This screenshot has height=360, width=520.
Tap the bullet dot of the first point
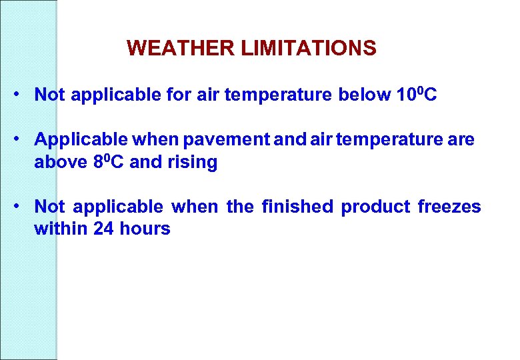(x=23, y=93)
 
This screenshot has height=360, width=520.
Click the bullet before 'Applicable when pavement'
(x=23, y=139)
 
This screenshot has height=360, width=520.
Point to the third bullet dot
(x=23, y=206)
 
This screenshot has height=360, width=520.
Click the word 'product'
(x=375, y=207)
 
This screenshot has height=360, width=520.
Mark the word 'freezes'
(x=449, y=207)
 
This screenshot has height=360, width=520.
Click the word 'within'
(x=57, y=229)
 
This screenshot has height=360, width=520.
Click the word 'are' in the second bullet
(x=463, y=140)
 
